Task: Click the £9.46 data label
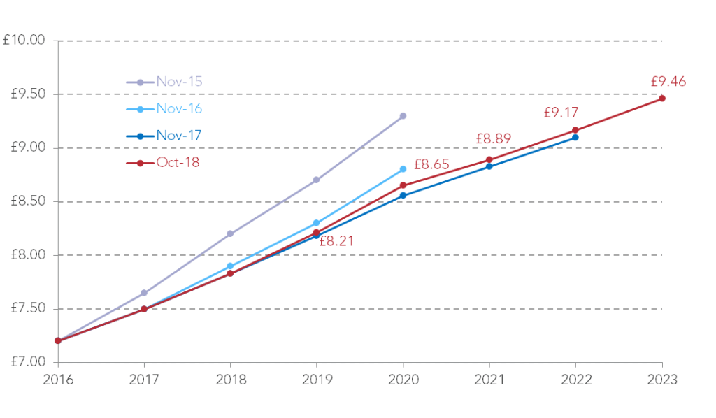(668, 82)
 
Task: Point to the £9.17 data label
(561, 112)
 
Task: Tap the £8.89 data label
(494, 139)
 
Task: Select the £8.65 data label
(431, 165)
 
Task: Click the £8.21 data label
(336, 241)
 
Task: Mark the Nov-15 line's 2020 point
(403, 116)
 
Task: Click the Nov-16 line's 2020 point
(403, 169)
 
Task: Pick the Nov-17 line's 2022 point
(575, 137)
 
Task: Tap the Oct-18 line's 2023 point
(661, 99)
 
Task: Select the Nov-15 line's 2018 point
(230, 233)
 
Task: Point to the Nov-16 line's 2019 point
(316, 223)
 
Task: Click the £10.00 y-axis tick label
(24, 41)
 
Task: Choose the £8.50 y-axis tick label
(24, 201)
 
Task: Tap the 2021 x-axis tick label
(489, 380)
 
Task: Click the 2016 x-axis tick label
(58, 380)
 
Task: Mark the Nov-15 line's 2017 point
(144, 293)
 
